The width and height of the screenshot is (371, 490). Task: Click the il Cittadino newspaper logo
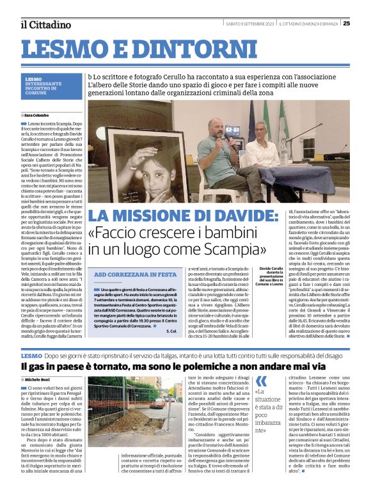point(45,24)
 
